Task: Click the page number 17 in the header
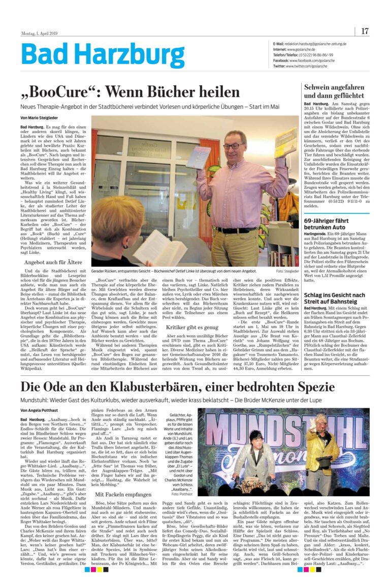[365, 31]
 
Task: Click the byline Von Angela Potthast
[41, 409]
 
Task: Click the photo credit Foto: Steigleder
[287, 271]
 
